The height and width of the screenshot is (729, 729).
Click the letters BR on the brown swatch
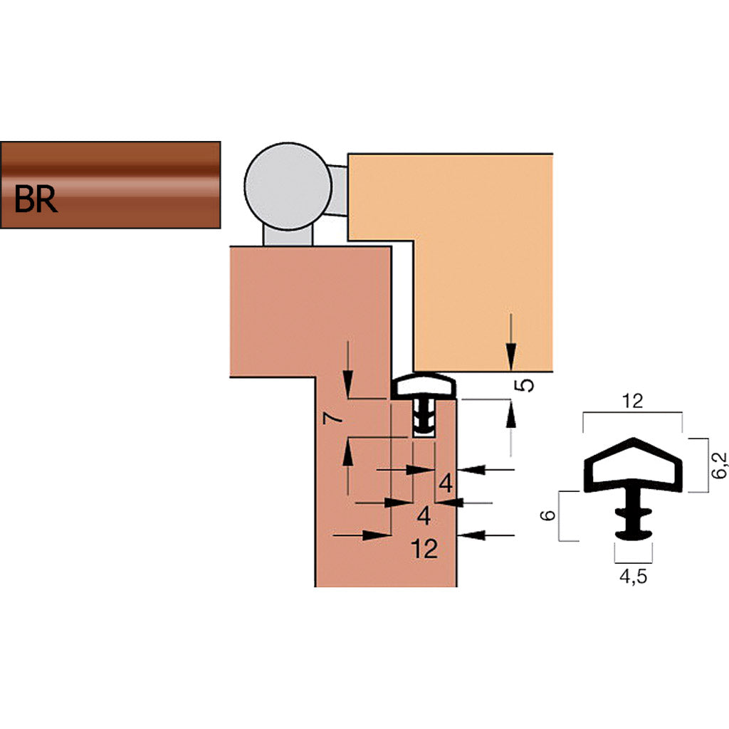[36, 201]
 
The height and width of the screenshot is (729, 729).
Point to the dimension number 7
[330, 418]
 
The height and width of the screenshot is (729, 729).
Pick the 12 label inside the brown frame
[424, 549]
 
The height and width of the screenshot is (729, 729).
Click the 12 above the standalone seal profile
[631, 401]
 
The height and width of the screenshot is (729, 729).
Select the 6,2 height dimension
[718, 464]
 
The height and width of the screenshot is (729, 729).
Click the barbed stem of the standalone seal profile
[631, 516]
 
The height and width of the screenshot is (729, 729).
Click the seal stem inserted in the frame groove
[424, 418]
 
